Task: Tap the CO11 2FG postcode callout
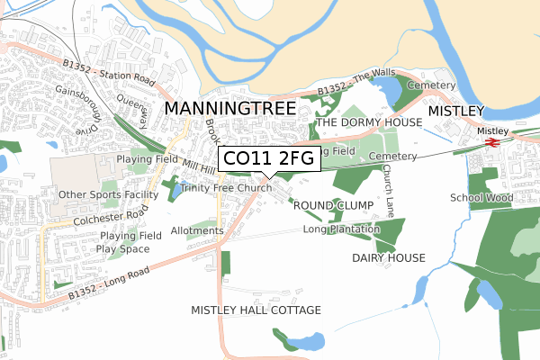click(x=267, y=159)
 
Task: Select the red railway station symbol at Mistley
click(x=492, y=141)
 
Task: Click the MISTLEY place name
click(x=455, y=111)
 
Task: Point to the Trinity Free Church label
click(x=226, y=188)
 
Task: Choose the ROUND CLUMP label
click(x=332, y=205)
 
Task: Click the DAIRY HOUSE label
click(x=388, y=257)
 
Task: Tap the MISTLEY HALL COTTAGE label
click(x=256, y=310)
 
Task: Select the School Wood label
click(x=481, y=198)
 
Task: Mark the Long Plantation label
click(x=343, y=229)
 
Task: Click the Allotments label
click(x=196, y=230)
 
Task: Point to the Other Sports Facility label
click(x=108, y=194)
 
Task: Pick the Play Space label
click(x=124, y=248)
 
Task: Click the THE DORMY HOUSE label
click(x=369, y=121)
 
